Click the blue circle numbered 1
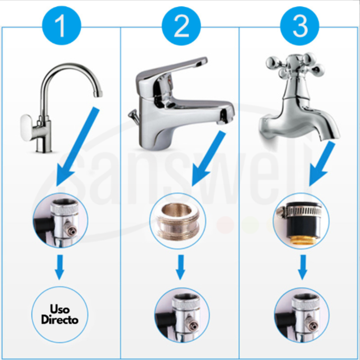pos(62,26)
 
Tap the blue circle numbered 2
pos(181,26)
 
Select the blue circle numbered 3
pos(300,26)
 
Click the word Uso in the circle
pos(60,309)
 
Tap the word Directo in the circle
pos(60,320)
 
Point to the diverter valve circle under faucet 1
pos(60,220)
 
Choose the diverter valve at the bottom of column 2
pos(182,315)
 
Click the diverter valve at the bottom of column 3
pos(302,315)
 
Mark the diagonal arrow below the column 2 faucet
pos(208,158)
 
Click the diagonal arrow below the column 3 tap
pos(322,163)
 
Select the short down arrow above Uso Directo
pos(60,267)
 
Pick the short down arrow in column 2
pos(181,267)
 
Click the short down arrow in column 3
pos(303,267)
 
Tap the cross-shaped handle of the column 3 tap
pos(296,65)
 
